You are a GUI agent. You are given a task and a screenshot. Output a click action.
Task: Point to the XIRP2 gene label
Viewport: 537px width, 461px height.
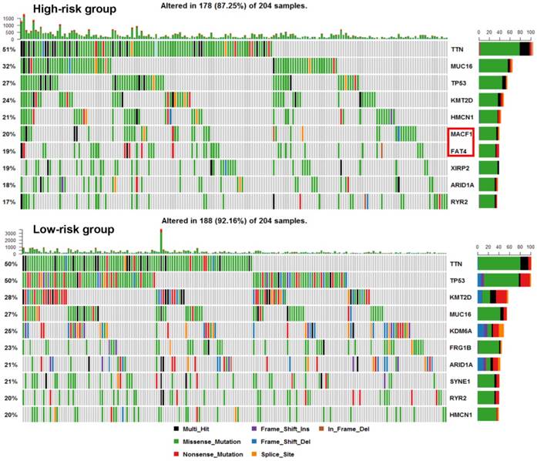click(x=460, y=167)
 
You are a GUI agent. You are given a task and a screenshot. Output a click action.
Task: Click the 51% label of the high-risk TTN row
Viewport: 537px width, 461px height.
click(x=9, y=49)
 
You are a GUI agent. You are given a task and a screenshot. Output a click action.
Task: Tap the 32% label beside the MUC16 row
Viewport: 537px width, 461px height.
click(x=9, y=66)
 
